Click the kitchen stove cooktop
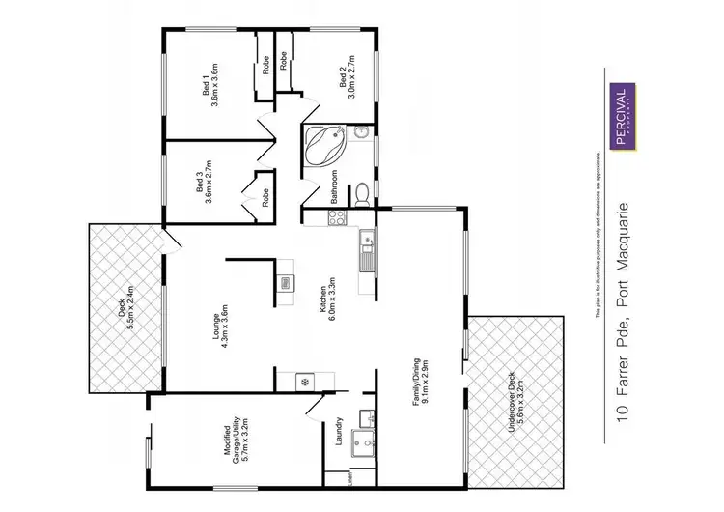coord(339,218)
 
